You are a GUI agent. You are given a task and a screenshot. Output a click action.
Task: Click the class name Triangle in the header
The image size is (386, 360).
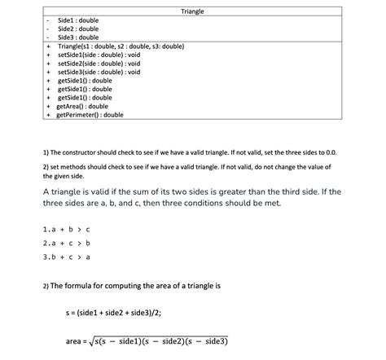tap(192, 12)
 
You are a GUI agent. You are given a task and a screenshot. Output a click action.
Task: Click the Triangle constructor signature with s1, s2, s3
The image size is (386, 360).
tap(121, 46)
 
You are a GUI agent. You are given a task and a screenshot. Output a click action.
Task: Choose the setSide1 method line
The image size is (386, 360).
tap(99, 55)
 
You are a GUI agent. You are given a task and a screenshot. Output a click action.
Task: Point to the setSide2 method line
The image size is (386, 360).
tap(99, 64)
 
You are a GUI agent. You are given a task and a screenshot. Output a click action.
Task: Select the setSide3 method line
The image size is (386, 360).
tap(99, 72)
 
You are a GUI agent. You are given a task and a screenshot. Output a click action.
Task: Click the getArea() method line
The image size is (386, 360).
tap(82, 106)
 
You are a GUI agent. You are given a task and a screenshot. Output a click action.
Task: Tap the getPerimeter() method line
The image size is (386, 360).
tap(90, 115)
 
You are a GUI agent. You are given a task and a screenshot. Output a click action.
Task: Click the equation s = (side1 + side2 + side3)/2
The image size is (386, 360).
tap(122, 313)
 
